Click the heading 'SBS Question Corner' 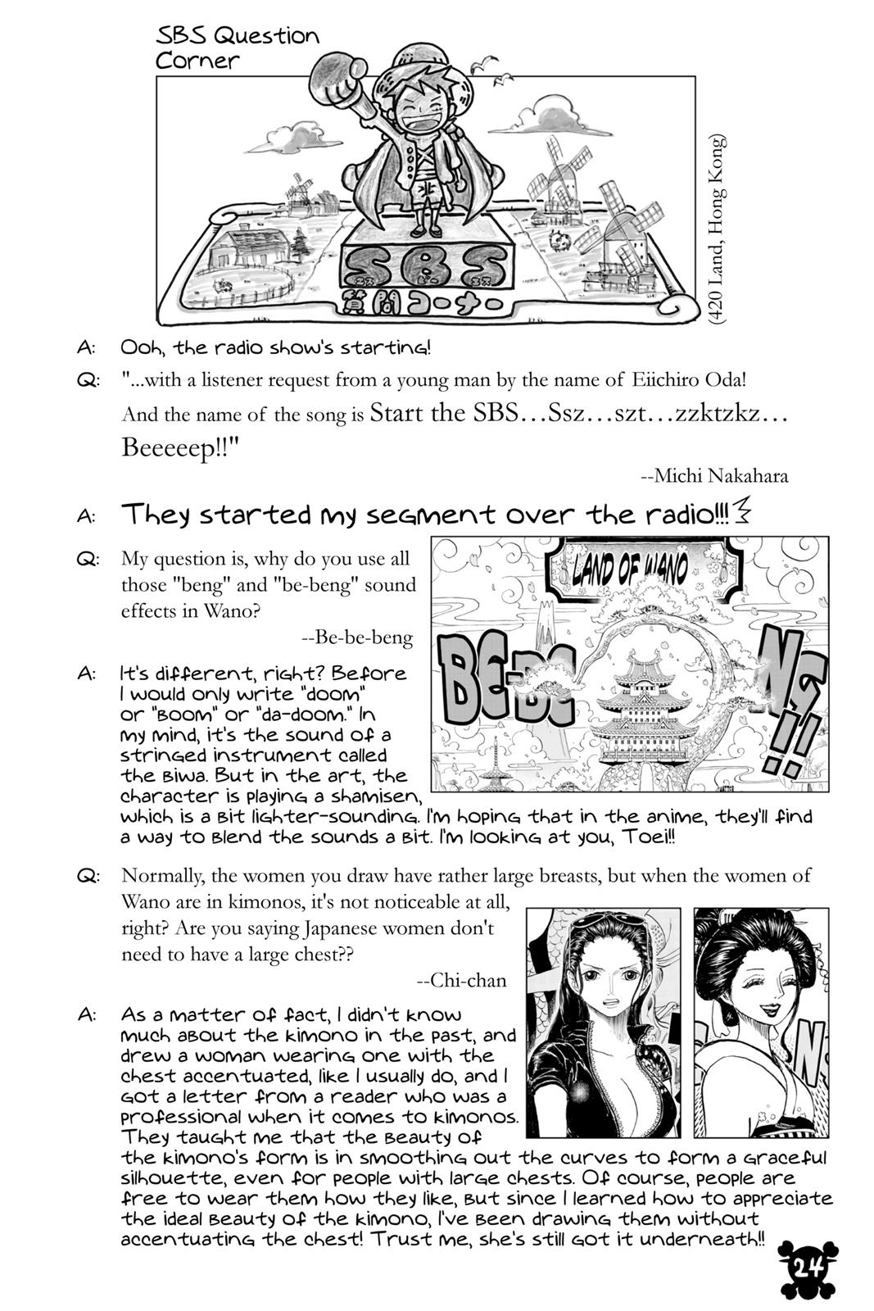click(x=238, y=48)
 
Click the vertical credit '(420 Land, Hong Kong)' click(x=718, y=230)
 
